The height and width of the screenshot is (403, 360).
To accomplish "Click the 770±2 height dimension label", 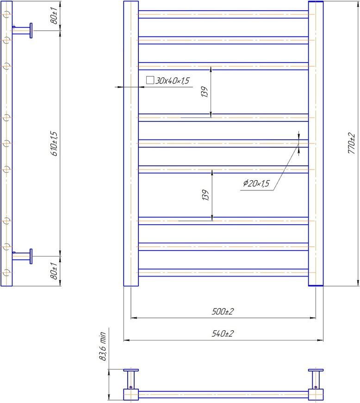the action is (352, 144).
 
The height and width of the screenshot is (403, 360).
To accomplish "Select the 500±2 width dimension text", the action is (223, 311).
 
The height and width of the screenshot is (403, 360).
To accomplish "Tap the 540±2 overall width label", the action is (223, 334).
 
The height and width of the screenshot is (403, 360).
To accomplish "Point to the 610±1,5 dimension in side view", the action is (54, 144).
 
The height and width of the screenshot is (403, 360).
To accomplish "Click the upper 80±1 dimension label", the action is (54, 16).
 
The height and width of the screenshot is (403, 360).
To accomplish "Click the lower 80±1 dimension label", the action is (54, 271).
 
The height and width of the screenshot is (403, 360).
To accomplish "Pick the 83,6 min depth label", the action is (103, 346).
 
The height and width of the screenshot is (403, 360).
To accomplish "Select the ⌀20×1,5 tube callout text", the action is (256, 183).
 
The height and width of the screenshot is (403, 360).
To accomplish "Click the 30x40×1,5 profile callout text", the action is (172, 81).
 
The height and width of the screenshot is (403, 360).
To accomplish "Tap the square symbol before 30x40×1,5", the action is (150, 80).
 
